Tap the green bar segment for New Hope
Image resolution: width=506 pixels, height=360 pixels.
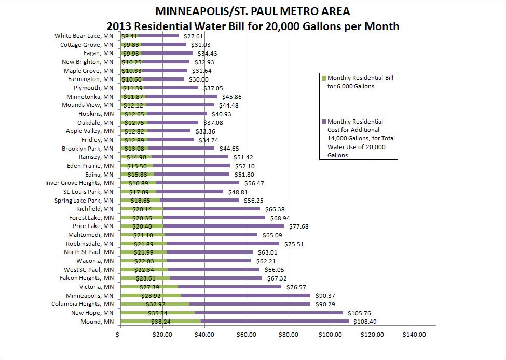point(157,313)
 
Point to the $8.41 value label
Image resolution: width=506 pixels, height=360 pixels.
point(129,36)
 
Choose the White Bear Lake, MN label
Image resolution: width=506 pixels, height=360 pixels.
point(84,36)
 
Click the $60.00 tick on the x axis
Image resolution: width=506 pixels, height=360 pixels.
point(247,335)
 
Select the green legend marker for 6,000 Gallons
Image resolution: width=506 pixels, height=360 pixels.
point(323,78)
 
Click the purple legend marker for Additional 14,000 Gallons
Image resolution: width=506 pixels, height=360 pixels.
point(323,122)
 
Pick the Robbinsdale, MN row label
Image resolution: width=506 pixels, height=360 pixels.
point(90,244)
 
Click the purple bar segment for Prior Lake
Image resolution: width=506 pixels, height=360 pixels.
point(224,226)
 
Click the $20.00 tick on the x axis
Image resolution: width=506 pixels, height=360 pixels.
point(162,335)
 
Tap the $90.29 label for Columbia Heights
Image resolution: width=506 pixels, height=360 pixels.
point(324,304)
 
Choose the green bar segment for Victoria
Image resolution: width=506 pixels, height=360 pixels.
point(149,287)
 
